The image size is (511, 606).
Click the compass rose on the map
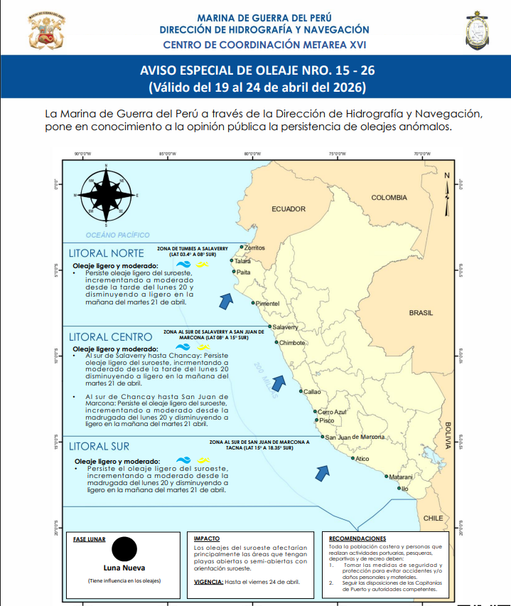click(106, 193)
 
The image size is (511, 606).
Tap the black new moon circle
click(124, 550)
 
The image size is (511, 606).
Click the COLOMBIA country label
click(389, 198)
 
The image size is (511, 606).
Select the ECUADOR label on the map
click(288, 209)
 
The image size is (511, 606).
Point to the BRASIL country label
click(420, 313)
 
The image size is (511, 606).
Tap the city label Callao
click(312, 392)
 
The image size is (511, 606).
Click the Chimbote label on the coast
click(291, 343)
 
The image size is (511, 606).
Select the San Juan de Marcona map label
click(355, 437)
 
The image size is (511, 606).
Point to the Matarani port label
click(401, 477)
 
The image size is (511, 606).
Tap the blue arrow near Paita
click(226, 302)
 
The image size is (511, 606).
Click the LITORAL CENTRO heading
click(110, 336)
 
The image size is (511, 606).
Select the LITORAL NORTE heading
click(107, 253)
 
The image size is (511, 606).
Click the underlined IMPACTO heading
click(206, 539)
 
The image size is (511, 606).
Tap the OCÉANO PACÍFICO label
click(117, 234)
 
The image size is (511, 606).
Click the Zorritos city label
click(254, 248)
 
